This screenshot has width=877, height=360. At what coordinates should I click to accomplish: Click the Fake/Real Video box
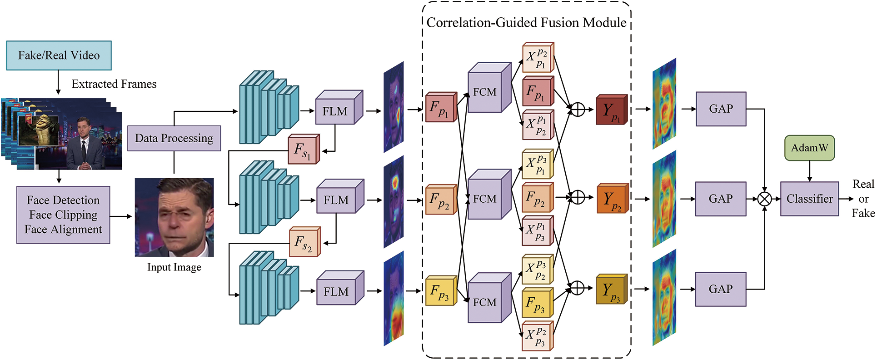59,55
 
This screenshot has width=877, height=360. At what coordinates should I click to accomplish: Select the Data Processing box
174,138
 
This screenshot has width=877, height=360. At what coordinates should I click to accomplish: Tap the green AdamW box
809,148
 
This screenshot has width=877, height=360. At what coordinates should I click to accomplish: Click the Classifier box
809,199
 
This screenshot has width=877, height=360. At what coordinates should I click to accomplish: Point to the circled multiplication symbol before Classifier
765,199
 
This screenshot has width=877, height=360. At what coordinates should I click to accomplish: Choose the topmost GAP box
721,109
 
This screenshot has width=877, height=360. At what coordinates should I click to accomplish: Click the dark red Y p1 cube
611,110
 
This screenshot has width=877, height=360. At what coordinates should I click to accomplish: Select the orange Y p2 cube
612,199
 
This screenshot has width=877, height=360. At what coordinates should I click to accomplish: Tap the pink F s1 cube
303,150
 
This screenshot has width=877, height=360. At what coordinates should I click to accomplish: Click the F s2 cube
304,242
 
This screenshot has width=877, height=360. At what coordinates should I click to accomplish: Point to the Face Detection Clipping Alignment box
63,215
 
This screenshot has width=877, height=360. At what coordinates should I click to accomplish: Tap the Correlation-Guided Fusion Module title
526,23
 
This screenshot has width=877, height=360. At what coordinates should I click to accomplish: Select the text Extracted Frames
114,84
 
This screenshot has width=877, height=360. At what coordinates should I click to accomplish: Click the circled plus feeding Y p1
577,110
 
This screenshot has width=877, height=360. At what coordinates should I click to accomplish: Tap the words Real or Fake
863,199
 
